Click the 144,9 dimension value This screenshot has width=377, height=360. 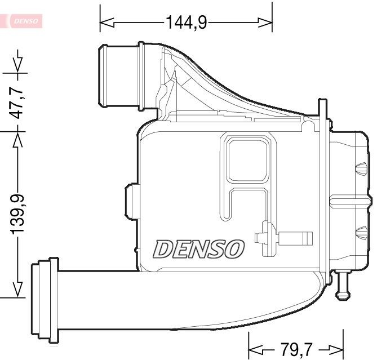pos(186,23)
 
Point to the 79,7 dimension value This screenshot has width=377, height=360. pos(296,348)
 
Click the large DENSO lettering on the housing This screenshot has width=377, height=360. pos(199,248)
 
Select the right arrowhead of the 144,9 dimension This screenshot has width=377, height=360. pos(265,23)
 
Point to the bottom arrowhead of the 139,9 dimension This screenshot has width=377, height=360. pos(19,290)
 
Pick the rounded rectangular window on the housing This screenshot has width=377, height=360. pos(247,159)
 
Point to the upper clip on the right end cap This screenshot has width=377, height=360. pos(358,168)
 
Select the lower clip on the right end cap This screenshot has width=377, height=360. pos(358,231)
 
